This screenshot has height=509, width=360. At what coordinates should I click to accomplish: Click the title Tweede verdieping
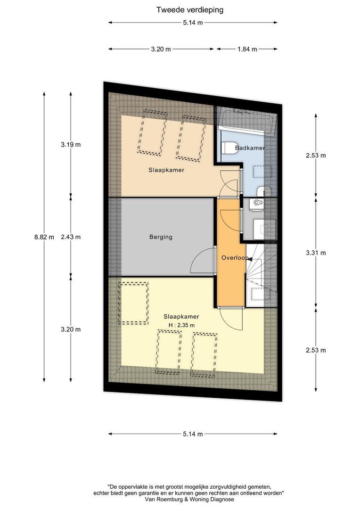click(x=190, y=9)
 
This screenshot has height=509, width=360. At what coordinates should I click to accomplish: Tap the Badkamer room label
click(x=250, y=148)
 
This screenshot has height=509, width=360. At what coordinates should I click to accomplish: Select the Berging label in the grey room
click(x=161, y=237)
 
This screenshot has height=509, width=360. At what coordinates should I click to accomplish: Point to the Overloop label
click(x=235, y=258)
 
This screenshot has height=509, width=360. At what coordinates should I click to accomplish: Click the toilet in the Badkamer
click(x=230, y=148)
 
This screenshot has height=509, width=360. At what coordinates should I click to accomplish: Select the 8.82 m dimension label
click(x=44, y=237)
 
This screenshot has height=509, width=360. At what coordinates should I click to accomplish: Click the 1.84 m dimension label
click(x=247, y=49)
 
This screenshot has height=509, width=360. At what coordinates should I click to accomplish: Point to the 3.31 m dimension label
click(x=316, y=253)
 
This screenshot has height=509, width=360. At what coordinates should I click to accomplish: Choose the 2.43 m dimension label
click(x=71, y=237)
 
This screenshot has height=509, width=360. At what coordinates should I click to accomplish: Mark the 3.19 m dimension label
click(x=71, y=145)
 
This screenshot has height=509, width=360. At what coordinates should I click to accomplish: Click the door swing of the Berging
click(x=200, y=262)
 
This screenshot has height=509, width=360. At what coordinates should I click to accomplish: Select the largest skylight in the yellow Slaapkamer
click(x=133, y=303)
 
